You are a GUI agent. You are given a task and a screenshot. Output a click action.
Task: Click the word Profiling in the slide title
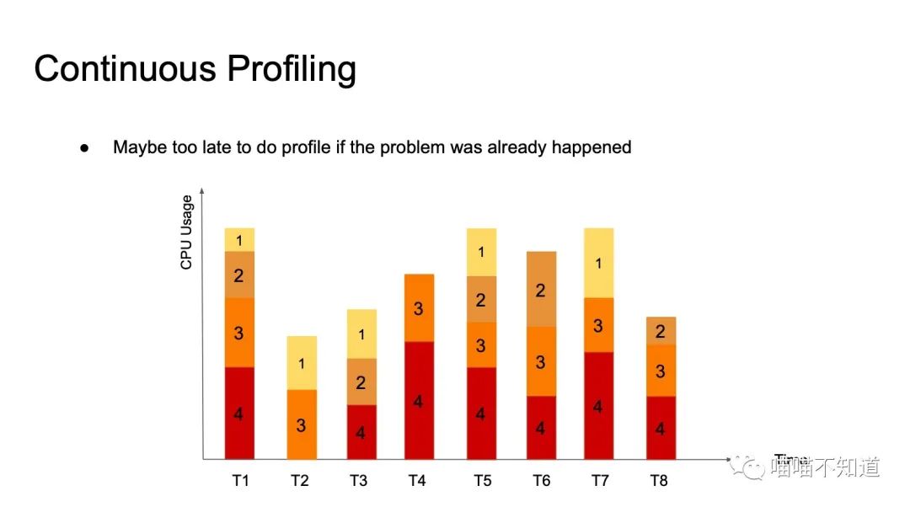(292, 69)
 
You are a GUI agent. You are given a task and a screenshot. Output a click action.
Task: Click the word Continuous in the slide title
(124, 67)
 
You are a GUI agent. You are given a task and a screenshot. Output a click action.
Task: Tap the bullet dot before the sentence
(84, 147)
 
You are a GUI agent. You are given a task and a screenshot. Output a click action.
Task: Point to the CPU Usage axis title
(186, 232)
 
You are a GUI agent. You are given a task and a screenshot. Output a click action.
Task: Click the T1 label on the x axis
(240, 481)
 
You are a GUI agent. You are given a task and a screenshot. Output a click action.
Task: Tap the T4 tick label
(417, 481)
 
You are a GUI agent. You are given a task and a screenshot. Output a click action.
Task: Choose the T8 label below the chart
(659, 481)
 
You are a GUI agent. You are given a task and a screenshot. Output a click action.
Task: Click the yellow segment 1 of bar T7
(598, 263)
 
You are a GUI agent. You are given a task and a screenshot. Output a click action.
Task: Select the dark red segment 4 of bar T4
(418, 400)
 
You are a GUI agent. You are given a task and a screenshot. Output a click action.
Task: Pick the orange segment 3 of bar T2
(302, 424)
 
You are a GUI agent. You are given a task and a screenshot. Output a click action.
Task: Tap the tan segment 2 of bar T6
(541, 289)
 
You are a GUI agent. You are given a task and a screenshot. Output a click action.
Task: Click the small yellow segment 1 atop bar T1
(239, 240)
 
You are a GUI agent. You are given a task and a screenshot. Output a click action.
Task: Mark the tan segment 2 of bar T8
(661, 331)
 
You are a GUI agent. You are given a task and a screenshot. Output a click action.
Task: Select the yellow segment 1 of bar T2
(302, 363)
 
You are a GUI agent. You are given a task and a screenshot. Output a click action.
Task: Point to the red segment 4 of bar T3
(361, 432)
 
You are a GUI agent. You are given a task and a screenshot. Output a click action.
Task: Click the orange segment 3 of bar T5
(481, 345)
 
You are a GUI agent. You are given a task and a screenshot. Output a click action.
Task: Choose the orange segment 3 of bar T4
(418, 308)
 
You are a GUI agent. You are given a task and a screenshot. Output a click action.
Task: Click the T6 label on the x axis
(541, 481)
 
